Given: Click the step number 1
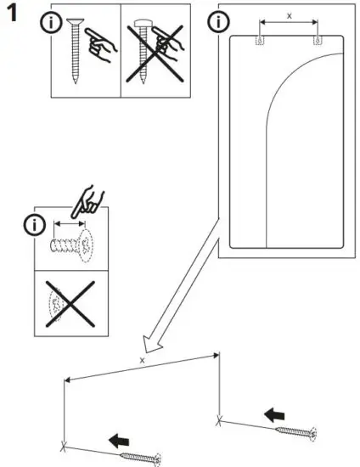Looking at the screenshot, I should (x=12, y=16).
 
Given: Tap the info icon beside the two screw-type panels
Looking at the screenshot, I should (x=51, y=23).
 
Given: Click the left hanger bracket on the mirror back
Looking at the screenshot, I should (x=261, y=41).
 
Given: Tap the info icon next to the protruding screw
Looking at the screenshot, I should (x=33, y=225).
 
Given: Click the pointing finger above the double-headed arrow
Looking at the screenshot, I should (x=88, y=202).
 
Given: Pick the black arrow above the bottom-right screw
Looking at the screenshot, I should (x=273, y=414).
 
